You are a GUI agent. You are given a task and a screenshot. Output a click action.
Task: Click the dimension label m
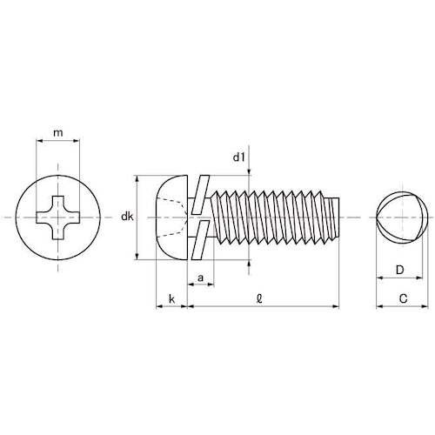tap(57, 132)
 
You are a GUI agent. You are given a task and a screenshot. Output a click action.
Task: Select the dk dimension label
tap(127, 217)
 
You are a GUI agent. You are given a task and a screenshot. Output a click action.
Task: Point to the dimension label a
tap(201, 278)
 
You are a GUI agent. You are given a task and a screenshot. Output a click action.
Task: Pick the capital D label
tap(399, 271)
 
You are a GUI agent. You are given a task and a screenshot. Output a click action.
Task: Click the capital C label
tap(401, 298)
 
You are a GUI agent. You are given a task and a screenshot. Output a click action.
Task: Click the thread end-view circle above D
tap(399, 216)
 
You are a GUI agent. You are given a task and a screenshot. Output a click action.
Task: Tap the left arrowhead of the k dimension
tap(157, 306)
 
